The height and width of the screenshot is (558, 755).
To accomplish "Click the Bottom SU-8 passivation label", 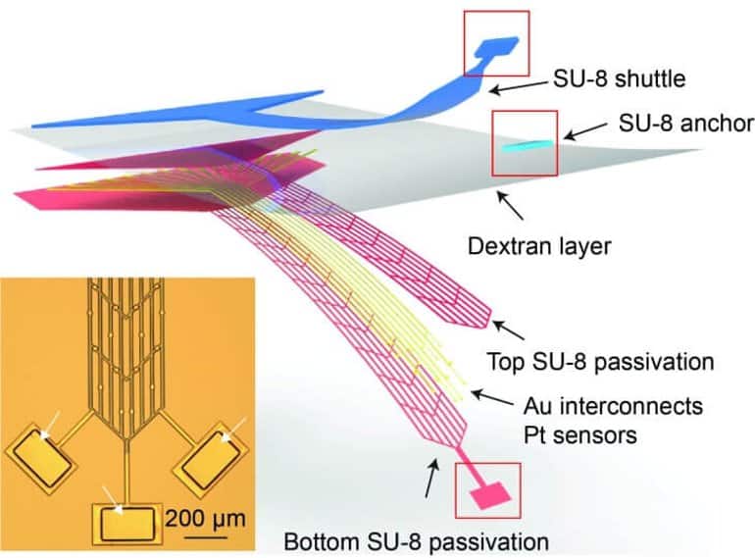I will [413, 539].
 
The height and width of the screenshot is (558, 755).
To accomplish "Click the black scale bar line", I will [200, 533].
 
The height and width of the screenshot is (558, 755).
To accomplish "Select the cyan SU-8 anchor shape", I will [526, 144].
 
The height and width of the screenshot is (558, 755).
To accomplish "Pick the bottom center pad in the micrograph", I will [128, 523].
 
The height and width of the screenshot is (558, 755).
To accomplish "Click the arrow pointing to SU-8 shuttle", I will [520, 85].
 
